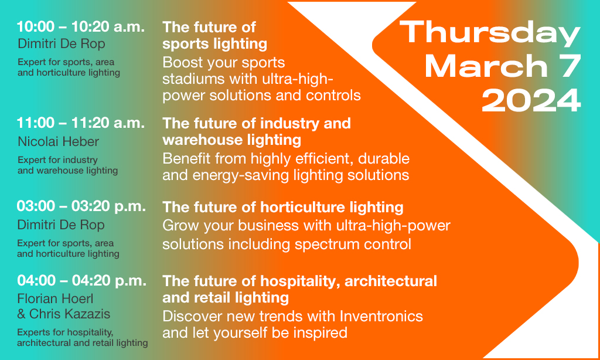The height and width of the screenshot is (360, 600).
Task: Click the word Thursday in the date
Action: [x=490, y=33]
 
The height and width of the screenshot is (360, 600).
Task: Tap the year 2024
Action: [x=531, y=100]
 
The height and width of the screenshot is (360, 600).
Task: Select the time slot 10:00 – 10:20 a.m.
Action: [x=81, y=27]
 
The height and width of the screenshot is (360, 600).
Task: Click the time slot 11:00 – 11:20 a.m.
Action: [x=81, y=123]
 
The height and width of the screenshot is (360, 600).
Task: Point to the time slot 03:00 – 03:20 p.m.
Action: [x=81, y=206]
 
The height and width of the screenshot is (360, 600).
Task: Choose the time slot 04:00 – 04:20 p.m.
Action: [x=81, y=281]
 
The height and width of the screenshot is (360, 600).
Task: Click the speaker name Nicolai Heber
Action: [x=58, y=142]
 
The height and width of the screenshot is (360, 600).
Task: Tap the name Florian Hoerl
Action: [x=55, y=298]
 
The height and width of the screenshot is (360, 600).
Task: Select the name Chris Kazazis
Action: [x=70, y=314]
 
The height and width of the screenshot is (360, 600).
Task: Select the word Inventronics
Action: [x=381, y=317]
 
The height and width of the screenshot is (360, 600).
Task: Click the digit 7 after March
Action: [x=569, y=66]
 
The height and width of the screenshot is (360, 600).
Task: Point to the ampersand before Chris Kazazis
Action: [x=22, y=314]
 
